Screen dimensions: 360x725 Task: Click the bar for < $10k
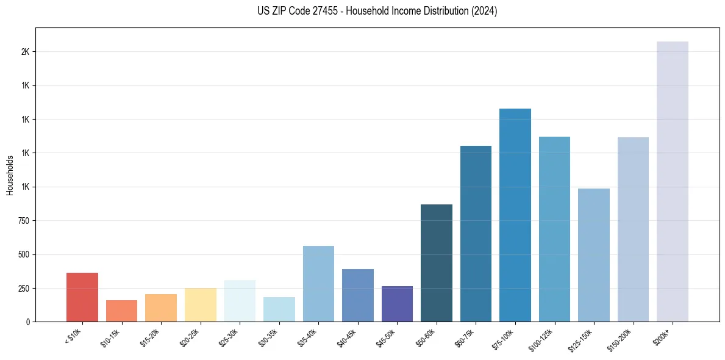click(x=82, y=297)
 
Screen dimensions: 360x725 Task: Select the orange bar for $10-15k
click(x=121, y=311)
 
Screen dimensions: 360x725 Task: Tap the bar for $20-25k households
click(x=200, y=304)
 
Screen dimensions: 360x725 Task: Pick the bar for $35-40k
click(x=318, y=284)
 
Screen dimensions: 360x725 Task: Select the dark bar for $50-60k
click(x=437, y=263)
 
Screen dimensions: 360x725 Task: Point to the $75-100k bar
click(x=515, y=215)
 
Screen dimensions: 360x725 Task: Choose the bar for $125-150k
click(x=594, y=255)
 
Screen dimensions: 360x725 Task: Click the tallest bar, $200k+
click(x=673, y=181)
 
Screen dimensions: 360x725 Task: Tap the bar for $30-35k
click(x=279, y=309)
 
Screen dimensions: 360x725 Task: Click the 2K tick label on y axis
click(x=25, y=52)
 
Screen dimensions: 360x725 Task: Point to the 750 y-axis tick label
click(x=23, y=221)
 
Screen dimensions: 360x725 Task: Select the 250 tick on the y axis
click(x=23, y=288)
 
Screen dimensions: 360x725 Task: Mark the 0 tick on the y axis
click(x=28, y=322)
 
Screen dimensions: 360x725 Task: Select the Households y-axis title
click(x=10, y=175)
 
